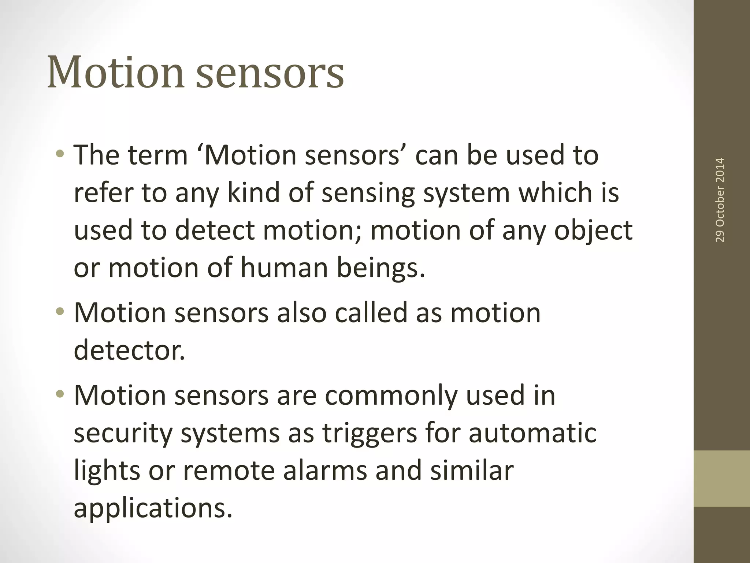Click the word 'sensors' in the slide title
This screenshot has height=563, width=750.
pos(270,73)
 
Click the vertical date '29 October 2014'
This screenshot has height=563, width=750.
pos(720,200)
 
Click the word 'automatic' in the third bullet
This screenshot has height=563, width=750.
pos(532,433)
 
